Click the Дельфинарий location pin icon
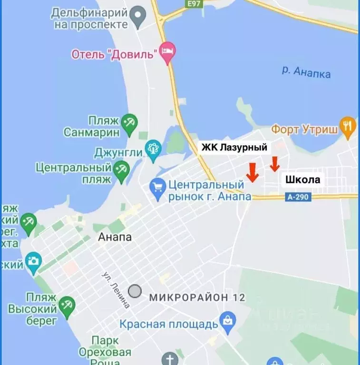138,18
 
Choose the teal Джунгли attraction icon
153,152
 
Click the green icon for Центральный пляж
121,171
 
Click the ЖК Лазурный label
234,148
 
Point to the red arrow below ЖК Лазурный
253,172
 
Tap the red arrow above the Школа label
274,164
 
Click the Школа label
303,180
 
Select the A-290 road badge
298,197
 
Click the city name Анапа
115,237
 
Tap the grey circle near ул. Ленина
136,291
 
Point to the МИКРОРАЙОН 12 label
197,298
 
